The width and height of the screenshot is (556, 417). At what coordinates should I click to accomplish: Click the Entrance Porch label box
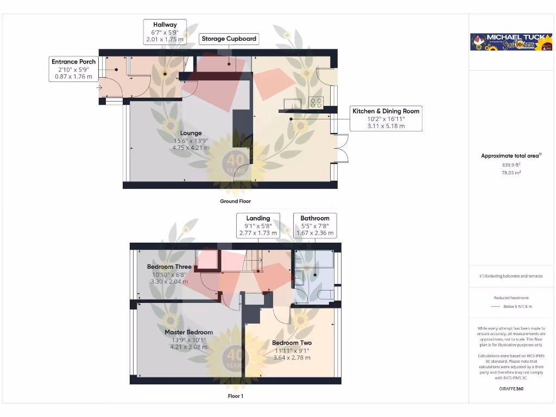point(73,69)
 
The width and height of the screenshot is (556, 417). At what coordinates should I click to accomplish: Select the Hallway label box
point(165,32)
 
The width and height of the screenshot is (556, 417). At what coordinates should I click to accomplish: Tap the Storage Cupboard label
point(229,39)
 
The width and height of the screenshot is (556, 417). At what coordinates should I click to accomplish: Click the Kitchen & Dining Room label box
point(386,118)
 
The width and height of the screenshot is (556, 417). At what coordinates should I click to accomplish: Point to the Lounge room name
point(191,133)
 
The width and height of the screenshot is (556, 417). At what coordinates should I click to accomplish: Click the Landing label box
point(258,225)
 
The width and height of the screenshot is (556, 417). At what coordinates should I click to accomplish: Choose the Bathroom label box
point(315,225)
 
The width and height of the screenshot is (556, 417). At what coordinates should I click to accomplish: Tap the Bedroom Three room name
point(169,267)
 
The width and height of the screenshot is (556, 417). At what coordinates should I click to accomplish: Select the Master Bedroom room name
point(188,332)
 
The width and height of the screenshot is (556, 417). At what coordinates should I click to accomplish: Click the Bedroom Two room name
point(292,343)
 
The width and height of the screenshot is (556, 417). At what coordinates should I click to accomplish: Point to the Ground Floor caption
point(235,201)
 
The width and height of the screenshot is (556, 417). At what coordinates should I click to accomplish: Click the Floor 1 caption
point(235,396)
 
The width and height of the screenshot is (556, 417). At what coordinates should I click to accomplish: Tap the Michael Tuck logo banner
point(511,42)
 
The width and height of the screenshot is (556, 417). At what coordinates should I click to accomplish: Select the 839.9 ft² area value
point(510,165)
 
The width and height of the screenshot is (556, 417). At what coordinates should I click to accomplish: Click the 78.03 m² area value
point(510,172)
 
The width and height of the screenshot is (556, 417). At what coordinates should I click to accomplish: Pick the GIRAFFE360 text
point(511,389)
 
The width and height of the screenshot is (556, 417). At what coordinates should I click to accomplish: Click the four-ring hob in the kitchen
point(315,102)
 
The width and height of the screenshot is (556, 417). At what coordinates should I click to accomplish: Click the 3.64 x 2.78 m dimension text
point(292,358)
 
